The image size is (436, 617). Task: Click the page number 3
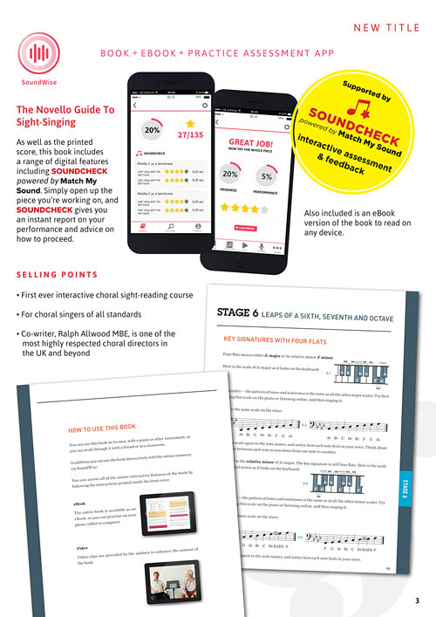(417, 601)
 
